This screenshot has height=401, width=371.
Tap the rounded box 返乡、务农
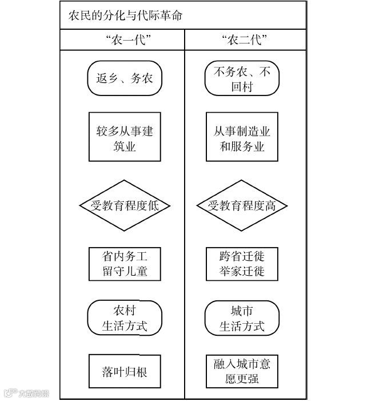(x=125, y=78)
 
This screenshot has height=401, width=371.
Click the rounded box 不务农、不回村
(x=242, y=79)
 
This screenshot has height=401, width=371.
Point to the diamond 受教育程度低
(x=125, y=205)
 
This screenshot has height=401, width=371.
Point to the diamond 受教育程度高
(x=242, y=205)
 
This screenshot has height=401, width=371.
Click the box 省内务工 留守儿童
(x=125, y=263)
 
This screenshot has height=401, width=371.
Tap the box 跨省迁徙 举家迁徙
(x=242, y=263)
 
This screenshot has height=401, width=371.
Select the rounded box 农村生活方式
(x=125, y=319)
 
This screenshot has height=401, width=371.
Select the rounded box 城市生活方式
(x=242, y=319)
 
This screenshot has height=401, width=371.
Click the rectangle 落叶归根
(x=125, y=372)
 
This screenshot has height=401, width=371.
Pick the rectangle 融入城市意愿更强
(x=242, y=372)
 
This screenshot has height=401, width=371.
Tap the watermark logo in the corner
(x=26, y=393)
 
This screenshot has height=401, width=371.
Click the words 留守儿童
(x=125, y=271)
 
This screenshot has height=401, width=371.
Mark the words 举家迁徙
(x=242, y=271)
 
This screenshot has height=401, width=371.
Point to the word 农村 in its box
(x=125, y=311)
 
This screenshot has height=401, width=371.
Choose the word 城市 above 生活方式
(x=242, y=311)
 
